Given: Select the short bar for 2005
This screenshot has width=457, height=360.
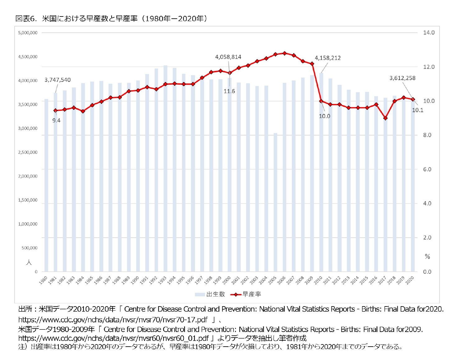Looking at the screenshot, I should pos(275,202).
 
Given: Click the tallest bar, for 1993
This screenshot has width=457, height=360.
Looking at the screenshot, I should pos(166,168).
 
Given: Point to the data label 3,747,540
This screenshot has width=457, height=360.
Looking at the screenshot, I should pos(58,80).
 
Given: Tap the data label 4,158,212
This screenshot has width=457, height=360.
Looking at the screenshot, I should pos(328,58).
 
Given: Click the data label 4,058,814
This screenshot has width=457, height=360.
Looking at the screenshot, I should pos(228,57).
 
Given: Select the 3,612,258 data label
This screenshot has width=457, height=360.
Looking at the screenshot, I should pos(402,78).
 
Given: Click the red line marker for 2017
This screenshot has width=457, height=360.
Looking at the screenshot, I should pos(385,118).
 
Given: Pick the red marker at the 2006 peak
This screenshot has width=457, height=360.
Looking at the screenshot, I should pos(284,53).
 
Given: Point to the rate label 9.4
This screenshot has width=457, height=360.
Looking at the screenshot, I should pos(56,120).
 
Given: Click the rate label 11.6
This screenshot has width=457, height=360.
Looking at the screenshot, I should pos(229,91).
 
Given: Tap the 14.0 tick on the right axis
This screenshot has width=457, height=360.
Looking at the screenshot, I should pos(429,33).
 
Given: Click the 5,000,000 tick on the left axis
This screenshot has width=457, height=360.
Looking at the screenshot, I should pos(28,33).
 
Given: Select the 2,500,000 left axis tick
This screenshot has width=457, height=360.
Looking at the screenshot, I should pos(28,152).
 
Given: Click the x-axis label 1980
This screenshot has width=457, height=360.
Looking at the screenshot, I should pos(43,280).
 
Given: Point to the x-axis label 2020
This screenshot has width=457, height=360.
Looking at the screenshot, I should pos(410,280).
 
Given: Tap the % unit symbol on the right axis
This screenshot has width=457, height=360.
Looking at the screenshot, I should pos(427,257).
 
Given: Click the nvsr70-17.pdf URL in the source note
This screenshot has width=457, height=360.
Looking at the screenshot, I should pos(113,320).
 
